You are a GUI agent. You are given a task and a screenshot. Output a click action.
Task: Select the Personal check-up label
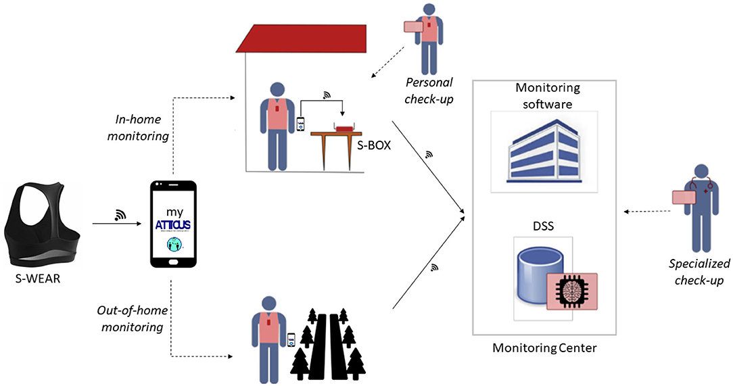click(429, 89)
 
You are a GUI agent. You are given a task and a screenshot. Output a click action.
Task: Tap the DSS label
click(543, 226)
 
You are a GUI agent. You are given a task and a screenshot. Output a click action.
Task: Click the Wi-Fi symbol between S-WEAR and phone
click(121, 215)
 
